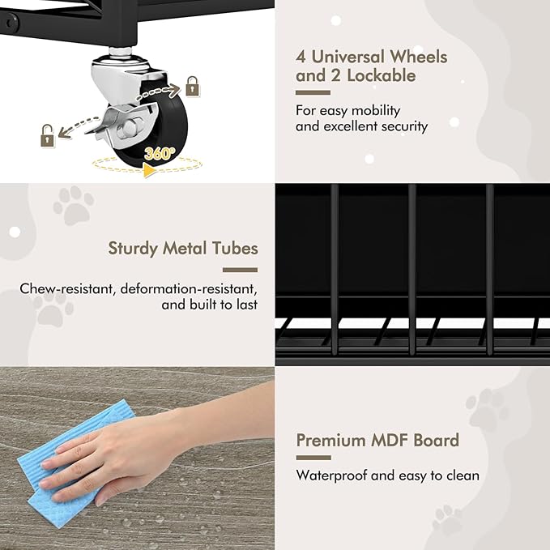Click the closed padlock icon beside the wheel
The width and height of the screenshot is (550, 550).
point(192,87)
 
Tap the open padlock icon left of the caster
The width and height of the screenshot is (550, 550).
point(48,136)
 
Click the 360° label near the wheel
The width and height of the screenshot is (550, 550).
point(159,153)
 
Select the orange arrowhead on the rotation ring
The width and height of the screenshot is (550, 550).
point(150,171)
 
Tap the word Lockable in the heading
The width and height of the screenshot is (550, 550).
point(382,75)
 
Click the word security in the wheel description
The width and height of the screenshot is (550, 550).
point(405,126)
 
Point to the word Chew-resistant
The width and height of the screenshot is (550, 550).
point(66,288)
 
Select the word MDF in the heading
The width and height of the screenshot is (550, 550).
point(389,440)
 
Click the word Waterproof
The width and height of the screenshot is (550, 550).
point(331,475)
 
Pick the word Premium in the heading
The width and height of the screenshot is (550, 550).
point(330,440)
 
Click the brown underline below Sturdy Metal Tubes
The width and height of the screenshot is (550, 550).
point(240,270)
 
